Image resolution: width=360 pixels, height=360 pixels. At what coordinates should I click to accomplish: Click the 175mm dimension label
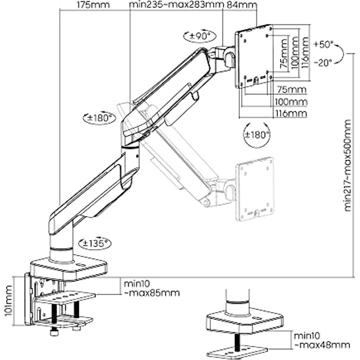pyautogui.click(x=93, y=5)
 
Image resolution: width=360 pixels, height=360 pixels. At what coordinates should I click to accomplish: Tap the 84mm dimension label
pyautogui.click(x=244, y=5)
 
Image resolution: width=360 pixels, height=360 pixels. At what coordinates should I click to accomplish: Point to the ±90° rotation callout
pyautogui.click(x=200, y=36)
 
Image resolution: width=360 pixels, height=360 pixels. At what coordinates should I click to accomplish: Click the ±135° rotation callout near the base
pyautogui.click(x=93, y=243)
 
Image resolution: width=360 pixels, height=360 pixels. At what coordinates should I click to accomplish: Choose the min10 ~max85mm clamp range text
pyautogui.click(x=151, y=288)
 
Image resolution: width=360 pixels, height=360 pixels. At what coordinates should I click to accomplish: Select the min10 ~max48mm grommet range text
pyautogui.click(x=321, y=340)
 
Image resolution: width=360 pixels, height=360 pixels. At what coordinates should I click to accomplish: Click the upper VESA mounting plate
pyautogui.click(x=253, y=56)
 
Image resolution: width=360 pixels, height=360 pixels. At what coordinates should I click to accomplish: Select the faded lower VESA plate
pyautogui.click(x=255, y=189)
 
